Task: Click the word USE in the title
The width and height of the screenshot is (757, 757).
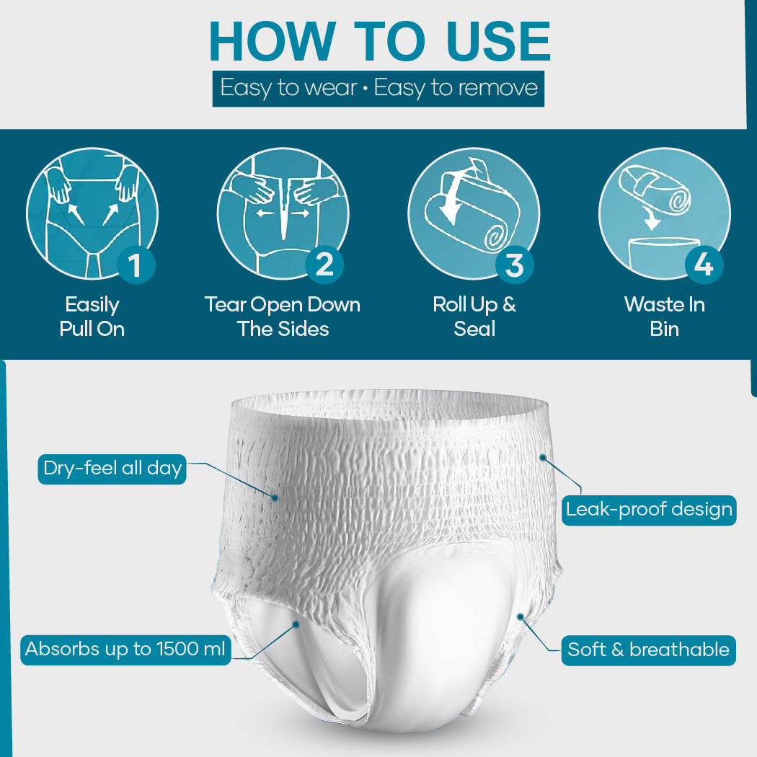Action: click(498, 41)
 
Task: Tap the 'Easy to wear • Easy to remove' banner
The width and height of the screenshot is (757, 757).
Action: click(378, 89)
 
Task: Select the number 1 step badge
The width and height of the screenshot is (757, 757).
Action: click(136, 265)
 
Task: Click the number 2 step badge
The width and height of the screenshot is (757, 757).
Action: click(324, 265)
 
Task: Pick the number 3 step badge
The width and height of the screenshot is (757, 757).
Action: click(515, 265)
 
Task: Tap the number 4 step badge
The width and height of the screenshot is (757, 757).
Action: click(704, 265)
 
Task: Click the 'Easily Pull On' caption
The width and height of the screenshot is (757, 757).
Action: click(92, 317)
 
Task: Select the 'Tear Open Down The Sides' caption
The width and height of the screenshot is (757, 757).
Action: click(283, 317)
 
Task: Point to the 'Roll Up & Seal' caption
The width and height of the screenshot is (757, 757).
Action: click(474, 317)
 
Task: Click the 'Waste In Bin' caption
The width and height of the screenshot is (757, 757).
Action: click(664, 317)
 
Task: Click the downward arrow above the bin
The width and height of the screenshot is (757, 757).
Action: click(651, 218)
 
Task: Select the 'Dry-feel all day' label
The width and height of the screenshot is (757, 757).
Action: click(112, 469)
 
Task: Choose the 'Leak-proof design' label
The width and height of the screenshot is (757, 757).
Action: click(649, 510)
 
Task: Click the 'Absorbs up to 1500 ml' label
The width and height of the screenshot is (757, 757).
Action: click(125, 650)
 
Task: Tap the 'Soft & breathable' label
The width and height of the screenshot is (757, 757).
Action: click(648, 650)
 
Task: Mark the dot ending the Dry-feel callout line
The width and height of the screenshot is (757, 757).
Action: click(275, 497)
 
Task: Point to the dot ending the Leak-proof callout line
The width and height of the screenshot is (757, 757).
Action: click(543, 457)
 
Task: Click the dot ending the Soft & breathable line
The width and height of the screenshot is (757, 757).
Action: click(521, 616)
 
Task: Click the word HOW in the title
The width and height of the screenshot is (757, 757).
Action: click(272, 41)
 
